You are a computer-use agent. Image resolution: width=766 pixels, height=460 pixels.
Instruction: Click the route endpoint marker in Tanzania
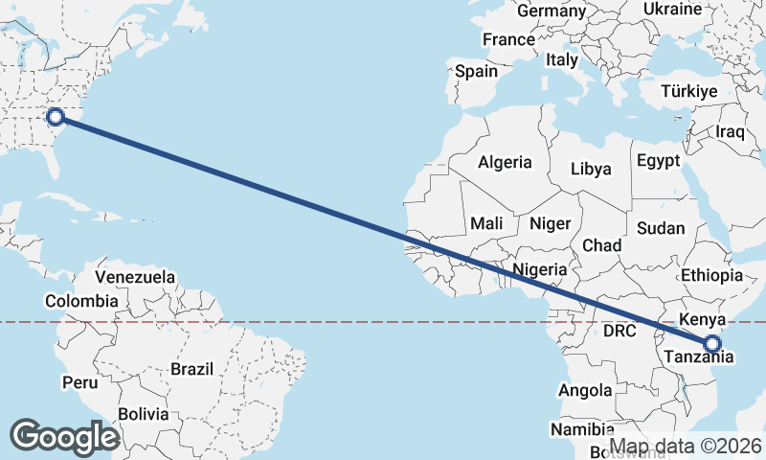tap(712, 344)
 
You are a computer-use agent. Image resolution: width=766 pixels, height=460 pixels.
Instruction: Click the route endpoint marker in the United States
tap(56, 117)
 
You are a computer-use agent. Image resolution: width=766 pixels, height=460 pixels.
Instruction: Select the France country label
tap(508, 40)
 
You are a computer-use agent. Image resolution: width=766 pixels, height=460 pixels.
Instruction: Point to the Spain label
tap(476, 71)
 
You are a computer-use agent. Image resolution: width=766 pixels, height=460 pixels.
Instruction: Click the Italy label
tap(561, 59)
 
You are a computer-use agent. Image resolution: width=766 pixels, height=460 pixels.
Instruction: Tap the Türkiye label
tap(689, 92)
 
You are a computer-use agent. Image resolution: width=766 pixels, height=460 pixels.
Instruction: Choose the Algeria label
tap(505, 162)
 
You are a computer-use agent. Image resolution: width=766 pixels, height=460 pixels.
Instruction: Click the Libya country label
tap(590, 169)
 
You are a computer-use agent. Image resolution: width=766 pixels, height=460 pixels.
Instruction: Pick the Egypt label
tap(658, 160)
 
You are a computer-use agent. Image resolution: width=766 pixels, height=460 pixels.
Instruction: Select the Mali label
tap(486, 223)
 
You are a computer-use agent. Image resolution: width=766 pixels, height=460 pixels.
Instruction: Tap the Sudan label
tap(661, 228)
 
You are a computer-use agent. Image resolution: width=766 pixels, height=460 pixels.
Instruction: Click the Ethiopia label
tap(711, 276)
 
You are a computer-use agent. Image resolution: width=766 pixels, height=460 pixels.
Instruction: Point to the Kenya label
tap(703, 319)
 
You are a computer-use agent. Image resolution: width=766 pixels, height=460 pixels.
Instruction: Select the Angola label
tap(585, 390)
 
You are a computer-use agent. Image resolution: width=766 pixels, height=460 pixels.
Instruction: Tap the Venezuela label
tap(135, 277)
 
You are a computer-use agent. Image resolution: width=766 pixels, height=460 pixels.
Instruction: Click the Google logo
tap(64, 436)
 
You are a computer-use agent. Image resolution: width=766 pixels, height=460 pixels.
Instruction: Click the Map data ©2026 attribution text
tap(686, 447)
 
